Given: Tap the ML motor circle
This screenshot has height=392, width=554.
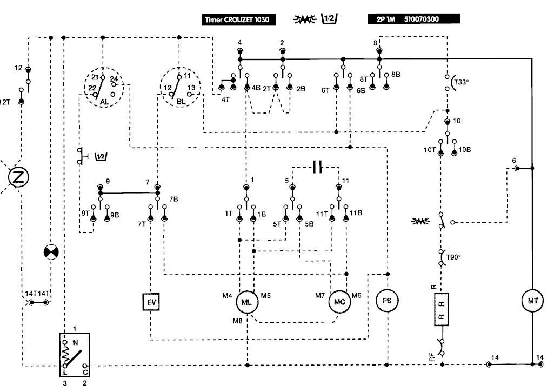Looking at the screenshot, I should (x=247, y=303).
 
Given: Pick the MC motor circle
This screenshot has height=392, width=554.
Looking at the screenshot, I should (x=341, y=302).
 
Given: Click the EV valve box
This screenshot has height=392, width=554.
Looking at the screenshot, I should (x=149, y=301).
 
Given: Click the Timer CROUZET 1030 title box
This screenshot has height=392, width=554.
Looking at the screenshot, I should (x=235, y=20).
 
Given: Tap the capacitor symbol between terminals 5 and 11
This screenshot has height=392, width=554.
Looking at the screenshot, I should (x=317, y=168).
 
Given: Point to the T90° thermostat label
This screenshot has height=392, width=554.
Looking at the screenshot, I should (x=453, y=257).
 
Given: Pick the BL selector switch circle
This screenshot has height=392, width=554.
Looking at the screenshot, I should (x=180, y=88).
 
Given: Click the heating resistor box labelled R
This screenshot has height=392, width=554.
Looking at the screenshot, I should (x=442, y=310).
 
